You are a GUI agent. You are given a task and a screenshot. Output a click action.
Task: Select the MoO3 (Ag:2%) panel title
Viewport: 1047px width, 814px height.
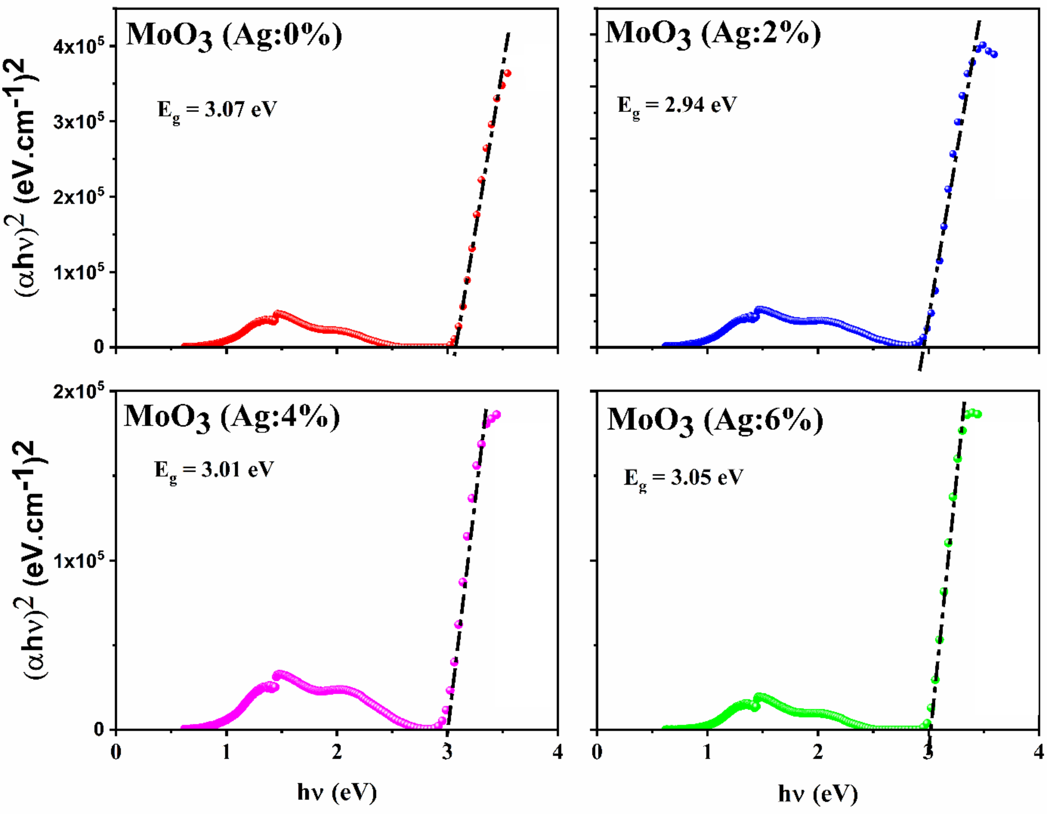coord(713,34)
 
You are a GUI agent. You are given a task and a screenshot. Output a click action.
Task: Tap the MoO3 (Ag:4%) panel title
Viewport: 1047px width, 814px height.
coord(232,418)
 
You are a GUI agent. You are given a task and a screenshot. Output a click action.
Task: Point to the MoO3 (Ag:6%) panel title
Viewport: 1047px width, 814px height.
coord(715,421)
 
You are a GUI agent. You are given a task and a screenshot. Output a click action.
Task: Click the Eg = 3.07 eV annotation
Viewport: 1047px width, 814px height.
coord(217,110)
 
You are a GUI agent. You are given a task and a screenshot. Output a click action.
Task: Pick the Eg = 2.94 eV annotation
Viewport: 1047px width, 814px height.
coord(677,105)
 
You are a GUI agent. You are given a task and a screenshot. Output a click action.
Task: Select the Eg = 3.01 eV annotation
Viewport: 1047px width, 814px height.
coord(214,471)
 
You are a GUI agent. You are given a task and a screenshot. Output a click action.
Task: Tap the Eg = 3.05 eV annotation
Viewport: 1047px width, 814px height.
coord(684,478)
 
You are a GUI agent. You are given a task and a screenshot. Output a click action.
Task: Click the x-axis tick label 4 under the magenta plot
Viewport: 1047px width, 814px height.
coord(557,753)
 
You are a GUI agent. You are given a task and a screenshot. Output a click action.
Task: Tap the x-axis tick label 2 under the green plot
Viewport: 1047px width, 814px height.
coord(818,753)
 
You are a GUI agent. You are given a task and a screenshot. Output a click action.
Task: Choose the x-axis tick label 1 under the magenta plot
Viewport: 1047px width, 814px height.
coord(226,753)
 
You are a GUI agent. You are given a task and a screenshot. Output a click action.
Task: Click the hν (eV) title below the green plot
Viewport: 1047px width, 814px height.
coord(818,794)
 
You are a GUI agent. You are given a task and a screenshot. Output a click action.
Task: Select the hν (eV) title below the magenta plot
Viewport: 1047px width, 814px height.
coord(337,792)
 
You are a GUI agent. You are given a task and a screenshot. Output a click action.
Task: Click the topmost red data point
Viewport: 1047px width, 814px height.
coord(507,73)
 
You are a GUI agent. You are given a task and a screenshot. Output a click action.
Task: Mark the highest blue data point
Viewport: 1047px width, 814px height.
coord(983,45)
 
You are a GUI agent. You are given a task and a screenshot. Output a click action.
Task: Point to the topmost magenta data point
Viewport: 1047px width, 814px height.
coord(497,414)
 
